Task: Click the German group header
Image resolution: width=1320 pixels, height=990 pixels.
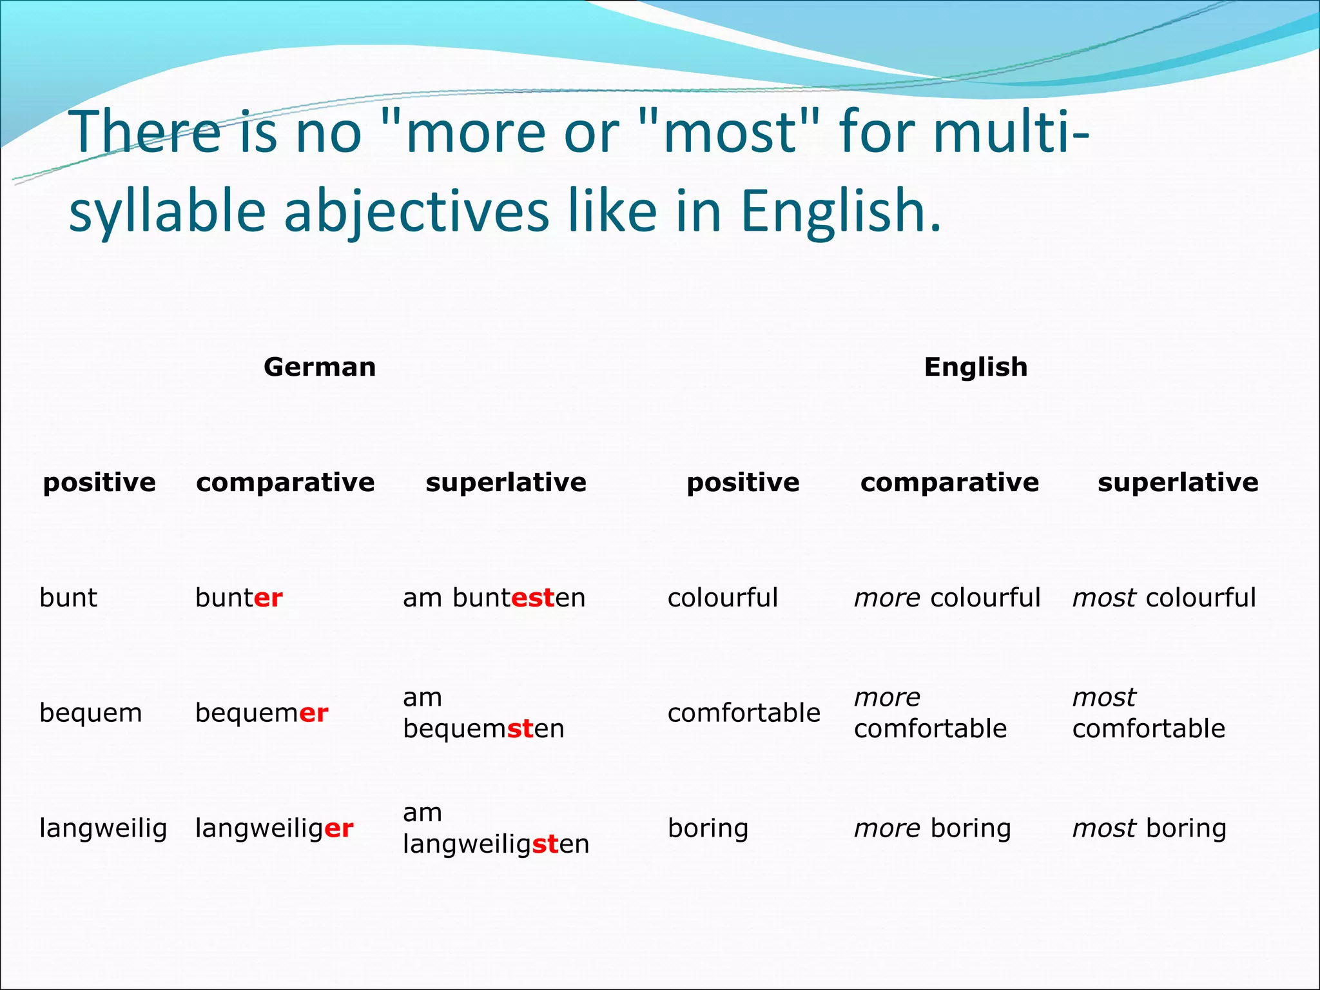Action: click(320, 367)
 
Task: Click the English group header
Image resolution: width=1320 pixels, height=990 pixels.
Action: click(975, 367)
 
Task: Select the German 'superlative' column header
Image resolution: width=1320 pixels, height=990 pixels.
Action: click(506, 483)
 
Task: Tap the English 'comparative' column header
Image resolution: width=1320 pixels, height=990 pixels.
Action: click(949, 483)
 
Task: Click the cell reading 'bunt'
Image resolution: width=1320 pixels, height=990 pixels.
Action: click(68, 598)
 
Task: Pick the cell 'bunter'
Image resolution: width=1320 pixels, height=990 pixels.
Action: click(238, 598)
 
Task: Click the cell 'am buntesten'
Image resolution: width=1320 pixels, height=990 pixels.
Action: click(494, 598)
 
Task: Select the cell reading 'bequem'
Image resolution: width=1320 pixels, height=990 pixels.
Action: click(90, 713)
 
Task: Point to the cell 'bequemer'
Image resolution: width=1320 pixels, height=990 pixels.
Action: click(262, 713)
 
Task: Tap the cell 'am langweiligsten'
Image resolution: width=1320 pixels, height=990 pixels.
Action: click(496, 828)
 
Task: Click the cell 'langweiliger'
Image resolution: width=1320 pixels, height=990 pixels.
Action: click(274, 829)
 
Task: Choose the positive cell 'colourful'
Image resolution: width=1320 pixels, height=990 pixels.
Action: click(723, 598)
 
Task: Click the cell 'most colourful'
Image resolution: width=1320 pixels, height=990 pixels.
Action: click(1163, 598)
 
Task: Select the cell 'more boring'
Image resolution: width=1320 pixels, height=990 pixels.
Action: click(932, 829)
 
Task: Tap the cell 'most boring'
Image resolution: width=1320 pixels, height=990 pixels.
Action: click(1149, 829)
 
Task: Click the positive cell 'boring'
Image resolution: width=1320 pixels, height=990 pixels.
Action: click(708, 829)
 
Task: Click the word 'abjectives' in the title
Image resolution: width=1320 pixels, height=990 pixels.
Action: click(416, 211)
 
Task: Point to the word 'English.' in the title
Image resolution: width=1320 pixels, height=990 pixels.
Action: click(840, 211)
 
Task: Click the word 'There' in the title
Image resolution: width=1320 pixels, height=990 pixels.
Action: click(145, 132)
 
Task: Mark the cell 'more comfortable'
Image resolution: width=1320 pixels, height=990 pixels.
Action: click(929, 713)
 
